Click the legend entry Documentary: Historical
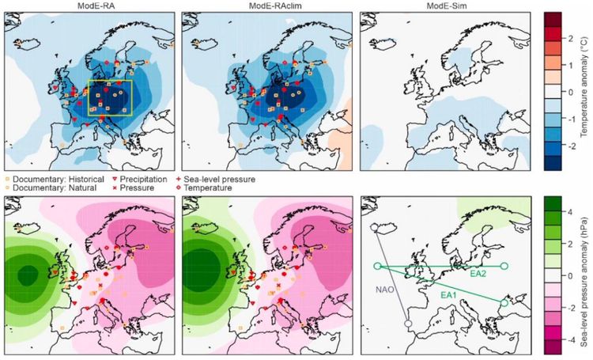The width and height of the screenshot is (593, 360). pos(51,180)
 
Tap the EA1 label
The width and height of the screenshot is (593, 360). pos(450,294)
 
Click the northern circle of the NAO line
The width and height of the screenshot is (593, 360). pos(373,229)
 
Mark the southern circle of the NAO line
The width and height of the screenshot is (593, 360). pos(408,324)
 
